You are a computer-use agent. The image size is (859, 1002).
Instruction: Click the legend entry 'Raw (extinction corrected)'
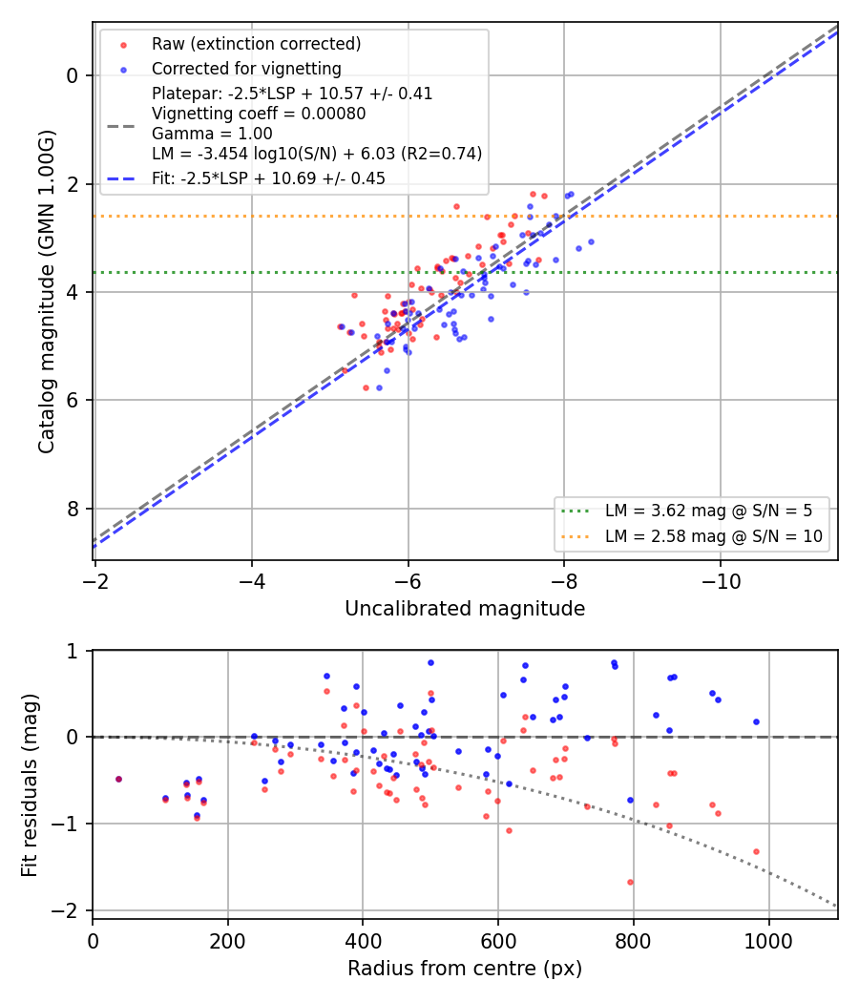[257, 44]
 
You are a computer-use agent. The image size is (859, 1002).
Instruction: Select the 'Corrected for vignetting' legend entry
[246, 69]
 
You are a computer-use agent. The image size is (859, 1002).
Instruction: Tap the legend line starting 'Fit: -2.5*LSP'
[268, 178]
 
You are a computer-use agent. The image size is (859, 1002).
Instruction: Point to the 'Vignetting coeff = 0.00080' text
[259, 114]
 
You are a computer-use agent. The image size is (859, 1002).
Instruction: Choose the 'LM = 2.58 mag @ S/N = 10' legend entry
[714, 536]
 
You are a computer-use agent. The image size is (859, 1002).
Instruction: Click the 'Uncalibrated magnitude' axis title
[465, 609]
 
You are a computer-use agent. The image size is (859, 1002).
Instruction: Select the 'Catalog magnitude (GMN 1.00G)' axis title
[46, 292]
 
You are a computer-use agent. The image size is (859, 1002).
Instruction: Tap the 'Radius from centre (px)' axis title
[465, 969]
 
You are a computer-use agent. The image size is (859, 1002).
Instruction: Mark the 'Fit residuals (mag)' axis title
[30, 785]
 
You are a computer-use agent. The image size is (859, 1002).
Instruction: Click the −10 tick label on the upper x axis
[721, 581]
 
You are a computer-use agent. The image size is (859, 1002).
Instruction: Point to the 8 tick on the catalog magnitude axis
[72, 509]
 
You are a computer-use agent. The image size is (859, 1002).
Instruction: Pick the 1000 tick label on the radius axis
[768, 941]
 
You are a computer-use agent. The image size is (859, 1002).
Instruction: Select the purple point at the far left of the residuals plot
[118, 779]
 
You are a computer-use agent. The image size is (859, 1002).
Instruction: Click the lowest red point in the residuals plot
[630, 882]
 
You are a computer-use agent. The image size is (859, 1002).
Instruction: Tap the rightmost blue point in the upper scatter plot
[591, 241]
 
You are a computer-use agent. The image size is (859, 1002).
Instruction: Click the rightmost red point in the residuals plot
[756, 851]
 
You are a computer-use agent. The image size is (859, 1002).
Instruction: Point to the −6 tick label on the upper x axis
[408, 581]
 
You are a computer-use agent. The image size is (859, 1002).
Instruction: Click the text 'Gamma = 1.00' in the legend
[212, 134]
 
